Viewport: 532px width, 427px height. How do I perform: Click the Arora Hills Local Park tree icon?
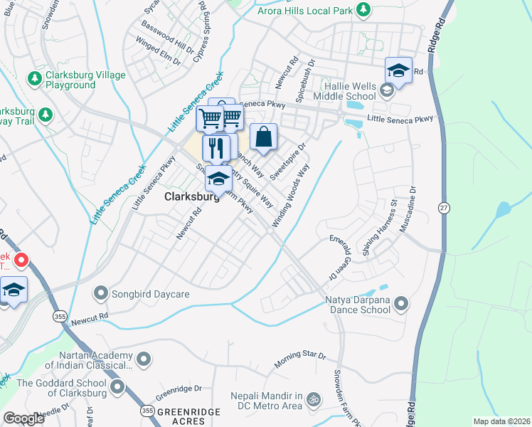click(x=363, y=9)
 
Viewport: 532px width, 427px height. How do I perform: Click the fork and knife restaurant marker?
click(x=217, y=148)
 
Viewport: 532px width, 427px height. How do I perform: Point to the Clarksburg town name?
click(x=192, y=197)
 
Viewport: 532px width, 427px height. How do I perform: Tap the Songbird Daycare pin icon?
click(x=102, y=292)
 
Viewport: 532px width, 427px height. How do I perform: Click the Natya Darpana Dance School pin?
click(x=401, y=305)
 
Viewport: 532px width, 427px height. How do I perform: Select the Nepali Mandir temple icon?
click(x=313, y=401)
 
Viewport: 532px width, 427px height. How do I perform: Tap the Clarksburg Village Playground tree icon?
click(x=33, y=77)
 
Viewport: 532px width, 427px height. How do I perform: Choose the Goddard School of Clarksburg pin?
click(x=117, y=388)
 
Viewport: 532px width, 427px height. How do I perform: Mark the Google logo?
click(x=23, y=418)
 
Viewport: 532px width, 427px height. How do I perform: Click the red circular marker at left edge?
click(x=21, y=261)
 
